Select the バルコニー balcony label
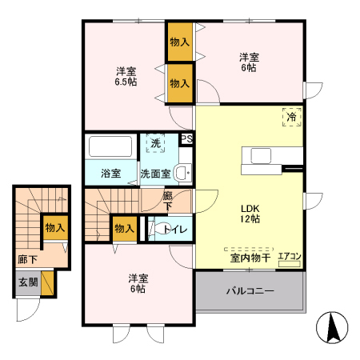tap(249, 290)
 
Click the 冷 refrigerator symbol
tap(291, 117)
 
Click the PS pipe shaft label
tap(186, 138)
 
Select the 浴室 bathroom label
tap(110, 173)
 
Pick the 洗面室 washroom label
tap(155, 173)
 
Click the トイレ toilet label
tap(175, 230)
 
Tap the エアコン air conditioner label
tap(289, 257)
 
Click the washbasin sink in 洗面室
tap(182, 170)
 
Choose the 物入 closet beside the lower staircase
tap(124, 229)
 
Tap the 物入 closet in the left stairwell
tap(54, 227)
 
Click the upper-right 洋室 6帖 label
tap(250, 62)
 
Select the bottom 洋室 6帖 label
tap(139, 283)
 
